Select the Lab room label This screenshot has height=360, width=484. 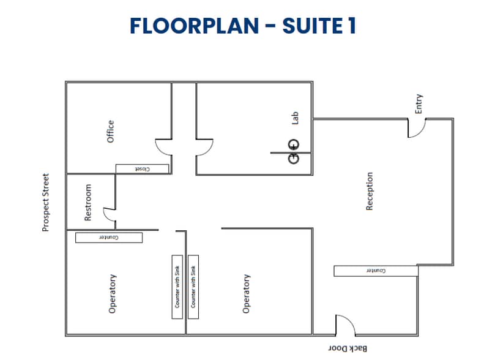point(294,118)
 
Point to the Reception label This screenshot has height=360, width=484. point(370,191)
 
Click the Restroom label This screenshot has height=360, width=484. point(88,202)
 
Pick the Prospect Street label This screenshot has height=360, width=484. point(46,202)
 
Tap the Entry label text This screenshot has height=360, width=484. point(419,103)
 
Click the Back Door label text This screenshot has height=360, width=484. point(349,348)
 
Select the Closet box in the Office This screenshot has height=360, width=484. point(141,168)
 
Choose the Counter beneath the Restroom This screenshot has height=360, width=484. point(108,237)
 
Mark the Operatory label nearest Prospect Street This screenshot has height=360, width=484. point(113,293)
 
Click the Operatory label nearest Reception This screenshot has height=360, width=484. point(247,293)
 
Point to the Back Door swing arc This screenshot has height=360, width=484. point(344,325)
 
